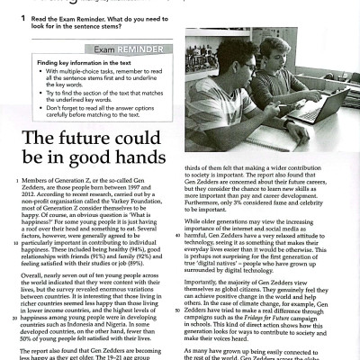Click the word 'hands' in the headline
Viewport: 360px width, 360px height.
(x=132, y=165)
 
